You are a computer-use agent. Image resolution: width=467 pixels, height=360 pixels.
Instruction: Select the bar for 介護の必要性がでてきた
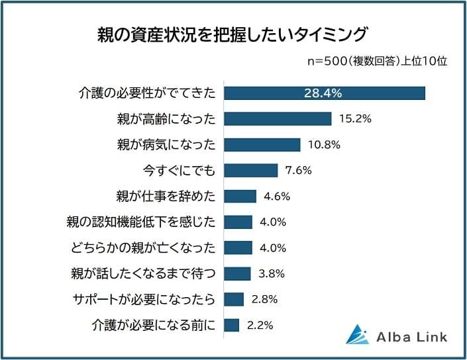click(324, 93)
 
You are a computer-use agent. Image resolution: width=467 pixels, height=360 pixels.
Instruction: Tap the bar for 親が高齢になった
click(277, 119)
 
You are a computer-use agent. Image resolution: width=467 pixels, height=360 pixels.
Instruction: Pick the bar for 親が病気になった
click(262, 145)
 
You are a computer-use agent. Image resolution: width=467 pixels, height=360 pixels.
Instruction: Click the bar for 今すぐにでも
click(250, 171)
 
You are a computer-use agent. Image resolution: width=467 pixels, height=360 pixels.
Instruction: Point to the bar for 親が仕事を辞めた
click(240, 197)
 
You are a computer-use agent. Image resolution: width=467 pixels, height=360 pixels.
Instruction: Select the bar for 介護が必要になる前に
click(231, 325)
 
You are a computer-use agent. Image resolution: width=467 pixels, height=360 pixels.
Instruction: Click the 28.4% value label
click(323, 93)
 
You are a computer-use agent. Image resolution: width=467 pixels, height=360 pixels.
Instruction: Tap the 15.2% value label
click(354, 119)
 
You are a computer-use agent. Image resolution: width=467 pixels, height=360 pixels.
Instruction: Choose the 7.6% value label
click(298, 171)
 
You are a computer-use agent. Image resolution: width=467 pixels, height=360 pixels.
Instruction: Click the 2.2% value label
click(259, 325)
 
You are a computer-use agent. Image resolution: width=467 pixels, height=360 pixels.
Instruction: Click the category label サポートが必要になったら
click(144, 299)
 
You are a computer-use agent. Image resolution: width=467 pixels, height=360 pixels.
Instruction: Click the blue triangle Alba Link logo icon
click(357, 335)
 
